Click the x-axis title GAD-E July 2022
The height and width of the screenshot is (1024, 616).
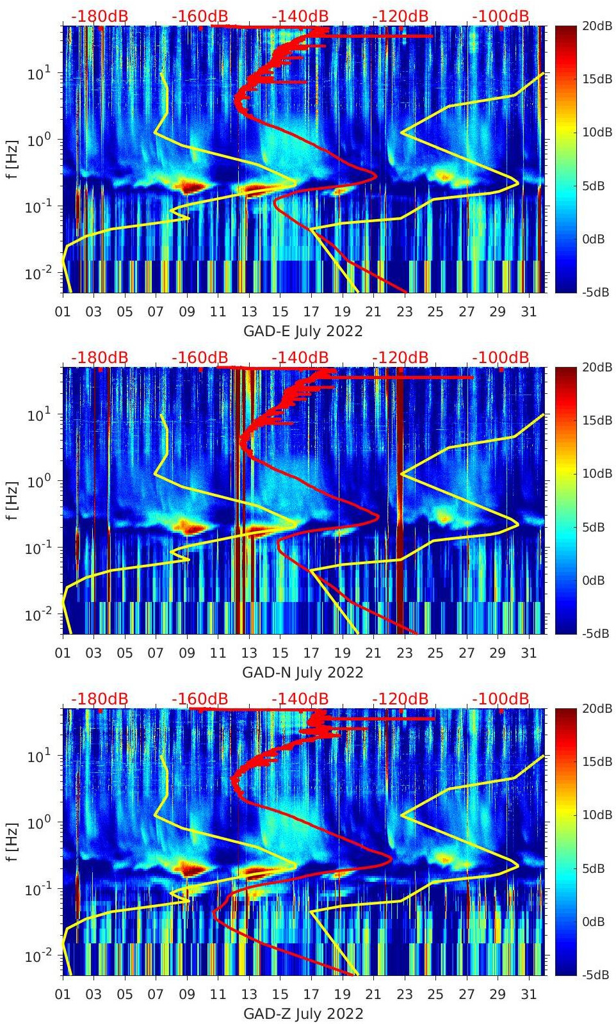[303, 331]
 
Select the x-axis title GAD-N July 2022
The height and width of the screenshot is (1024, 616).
[303, 672]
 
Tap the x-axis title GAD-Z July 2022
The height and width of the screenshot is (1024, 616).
[303, 1014]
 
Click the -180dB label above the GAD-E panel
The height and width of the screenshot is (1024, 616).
[99, 16]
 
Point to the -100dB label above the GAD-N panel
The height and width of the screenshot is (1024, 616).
[501, 357]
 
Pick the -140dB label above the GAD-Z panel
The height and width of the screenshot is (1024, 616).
[300, 699]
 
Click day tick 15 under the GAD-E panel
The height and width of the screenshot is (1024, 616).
[280, 312]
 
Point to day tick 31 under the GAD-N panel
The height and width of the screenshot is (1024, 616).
[528, 653]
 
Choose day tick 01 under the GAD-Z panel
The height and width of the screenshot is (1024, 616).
[63, 995]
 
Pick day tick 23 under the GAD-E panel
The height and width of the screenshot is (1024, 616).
[404, 312]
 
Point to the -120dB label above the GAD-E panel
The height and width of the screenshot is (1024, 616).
[400, 16]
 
